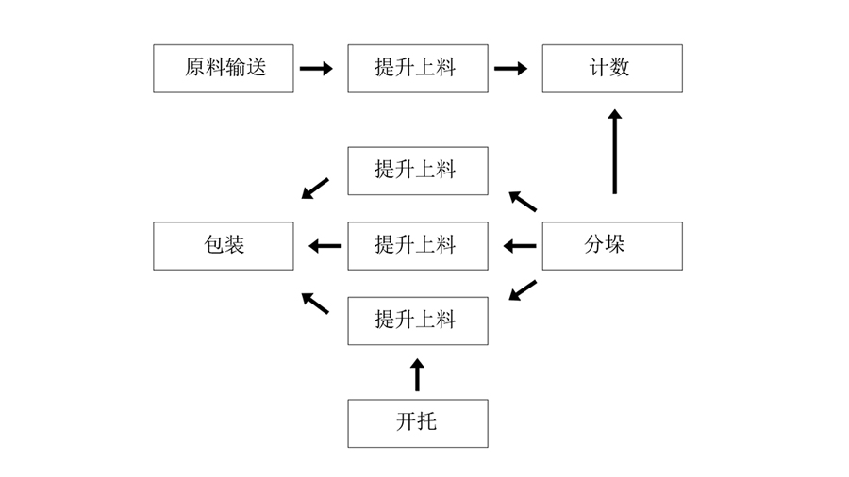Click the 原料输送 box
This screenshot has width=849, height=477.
pyautogui.click(x=224, y=68)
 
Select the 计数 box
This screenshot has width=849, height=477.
pyautogui.click(x=611, y=68)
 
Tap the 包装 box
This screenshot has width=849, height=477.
pyautogui.click(x=224, y=246)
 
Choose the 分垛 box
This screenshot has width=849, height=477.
pyautogui.click(x=611, y=246)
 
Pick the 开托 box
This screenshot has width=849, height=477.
pyautogui.click(x=418, y=423)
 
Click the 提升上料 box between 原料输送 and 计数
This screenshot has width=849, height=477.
pyautogui.click(x=418, y=68)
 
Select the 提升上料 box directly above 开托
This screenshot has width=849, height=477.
pyautogui.click(x=418, y=321)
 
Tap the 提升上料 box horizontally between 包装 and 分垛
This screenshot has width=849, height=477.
pyautogui.click(x=418, y=246)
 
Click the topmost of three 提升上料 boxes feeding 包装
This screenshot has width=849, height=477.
pyautogui.click(x=418, y=171)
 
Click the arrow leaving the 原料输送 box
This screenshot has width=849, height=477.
pyautogui.click(x=316, y=68)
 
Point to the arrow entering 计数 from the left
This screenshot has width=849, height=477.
pyautogui.click(x=510, y=68)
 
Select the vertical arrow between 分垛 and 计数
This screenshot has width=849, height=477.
pyautogui.click(x=615, y=151)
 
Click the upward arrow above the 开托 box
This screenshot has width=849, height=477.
pyautogui.click(x=418, y=374)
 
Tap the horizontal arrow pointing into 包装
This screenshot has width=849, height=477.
pyautogui.click(x=325, y=246)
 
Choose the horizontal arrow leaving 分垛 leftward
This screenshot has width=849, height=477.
pyautogui.click(x=519, y=246)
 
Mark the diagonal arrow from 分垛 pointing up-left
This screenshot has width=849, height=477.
pyautogui.click(x=523, y=201)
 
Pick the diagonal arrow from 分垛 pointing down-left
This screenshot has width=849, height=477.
pyautogui.click(x=523, y=290)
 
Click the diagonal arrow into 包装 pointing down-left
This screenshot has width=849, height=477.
pyautogui.click(x=315, y=189)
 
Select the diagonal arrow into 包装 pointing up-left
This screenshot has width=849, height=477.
pyautogui.click(x=315, y=303)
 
